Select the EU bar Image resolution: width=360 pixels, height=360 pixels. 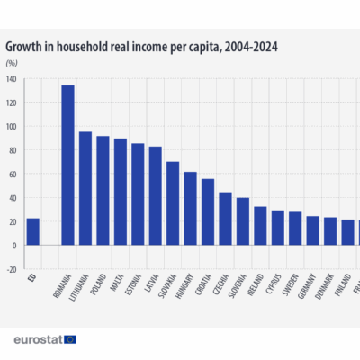click(x=32, y=231)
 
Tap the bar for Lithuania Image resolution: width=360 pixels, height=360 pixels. click(x=85, y=188)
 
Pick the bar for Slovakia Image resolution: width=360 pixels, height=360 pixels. click(x=173, y=203)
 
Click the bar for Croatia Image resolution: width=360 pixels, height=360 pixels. click(x=208, y=211)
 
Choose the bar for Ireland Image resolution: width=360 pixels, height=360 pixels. click(x=260, y=226)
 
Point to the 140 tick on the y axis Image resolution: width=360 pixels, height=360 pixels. click(x=11, y=79)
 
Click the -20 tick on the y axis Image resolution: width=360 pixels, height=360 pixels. click(x=11, y=268)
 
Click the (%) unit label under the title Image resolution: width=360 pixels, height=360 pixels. click(x=12, y=63)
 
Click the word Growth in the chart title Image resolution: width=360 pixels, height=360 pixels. click(x=28, y=44)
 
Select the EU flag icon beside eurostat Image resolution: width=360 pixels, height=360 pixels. click(x=70, y=339)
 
